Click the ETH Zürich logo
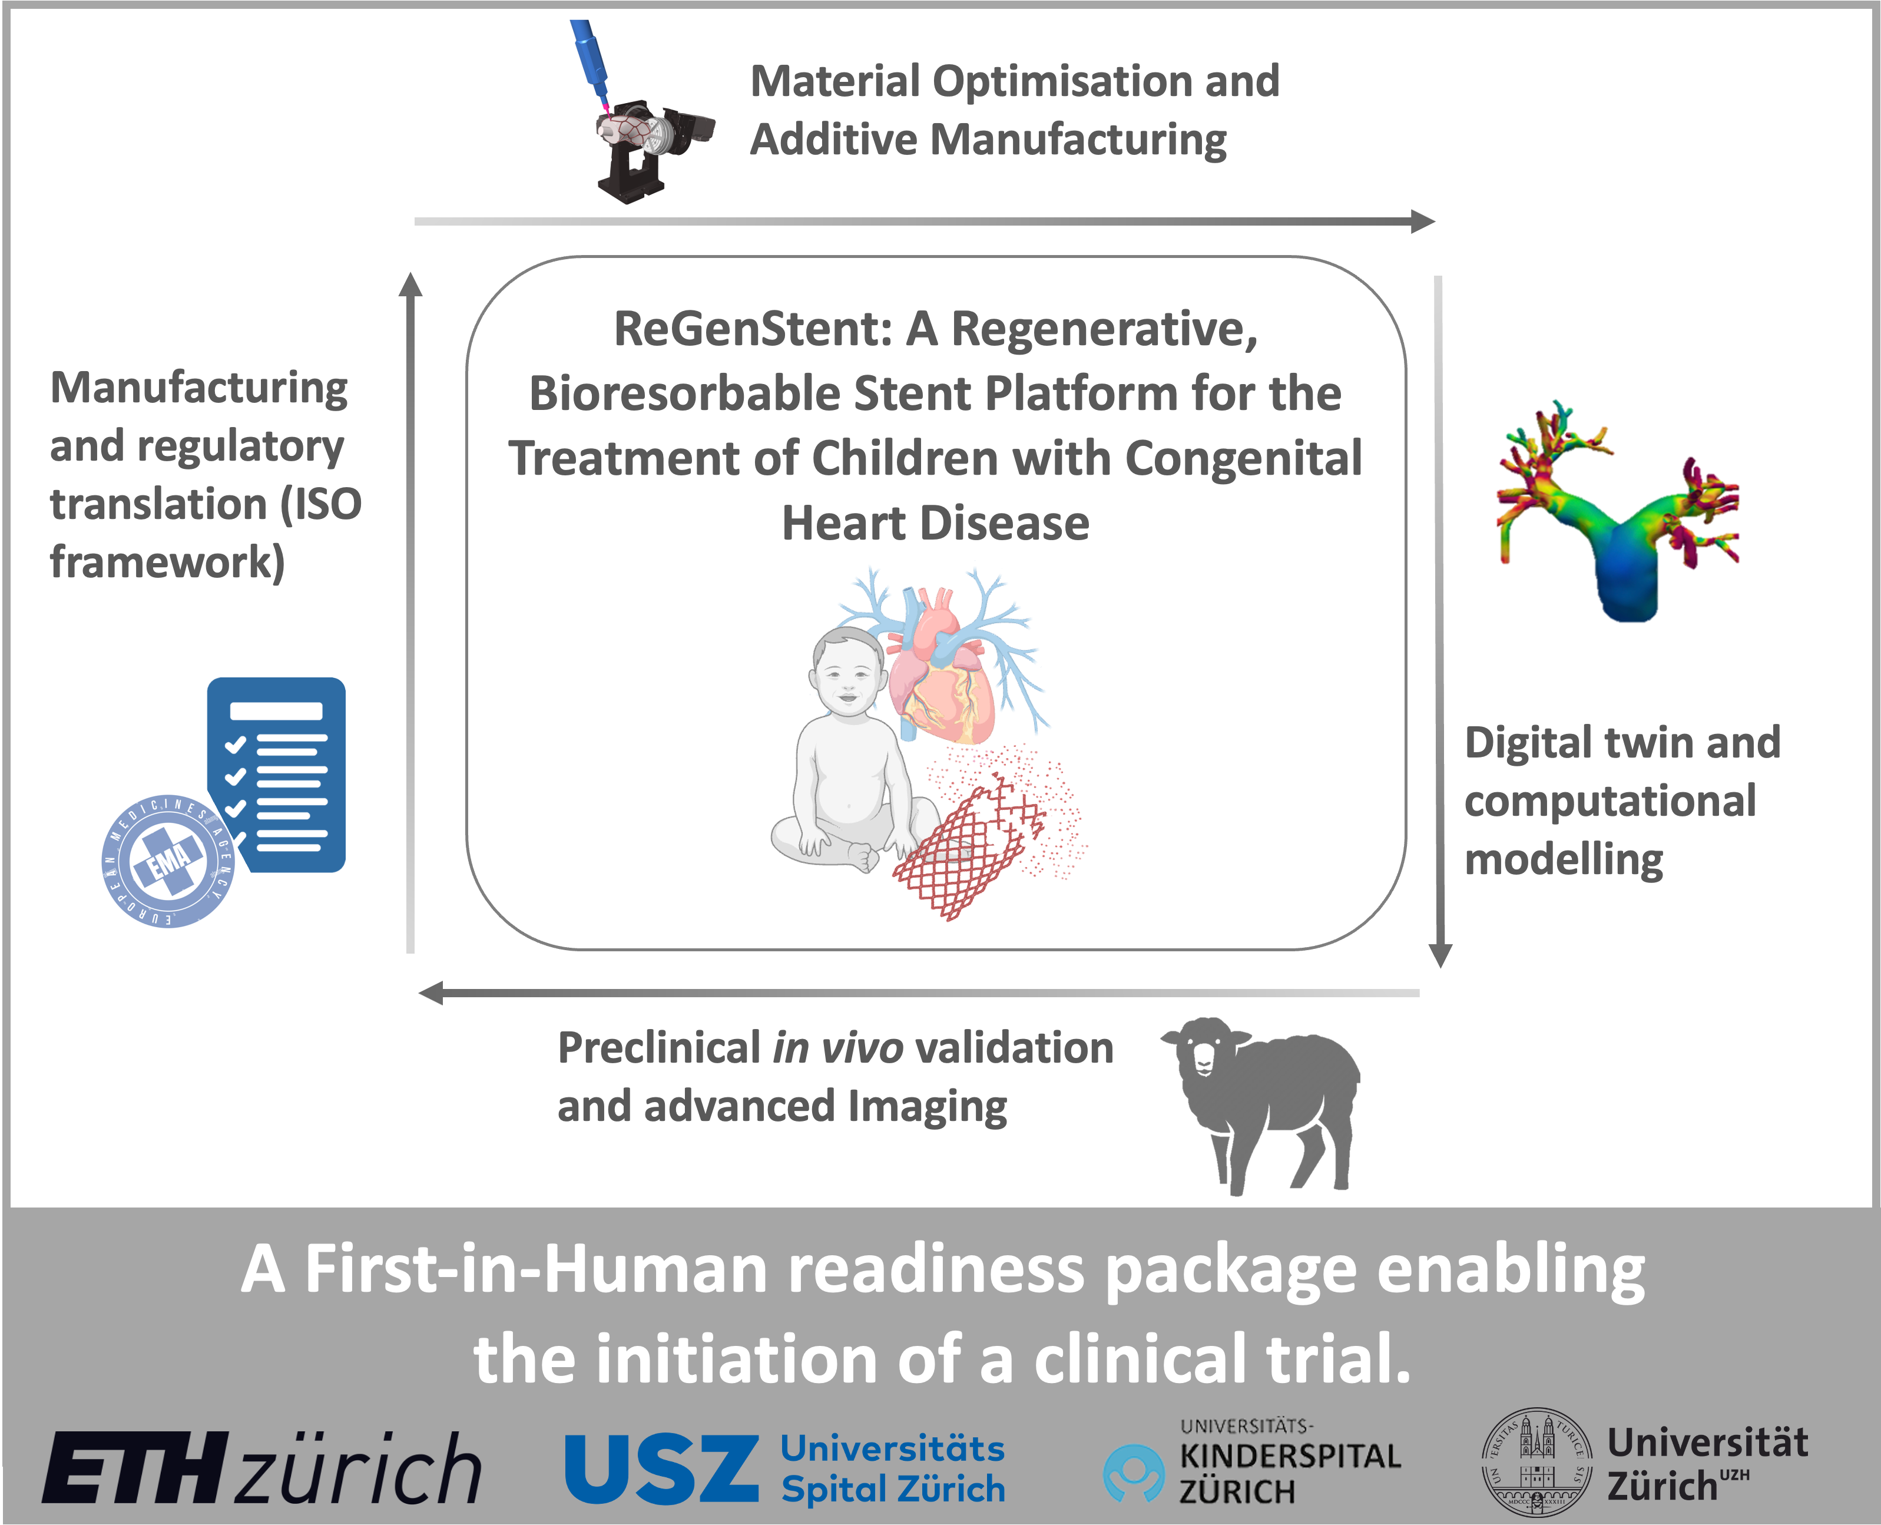(261, 1468)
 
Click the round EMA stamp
(168, 861)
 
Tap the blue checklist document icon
(277, 774)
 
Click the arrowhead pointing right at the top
(1423, 221)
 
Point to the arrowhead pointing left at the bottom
(430, 994)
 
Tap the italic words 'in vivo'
(838, 1048)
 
